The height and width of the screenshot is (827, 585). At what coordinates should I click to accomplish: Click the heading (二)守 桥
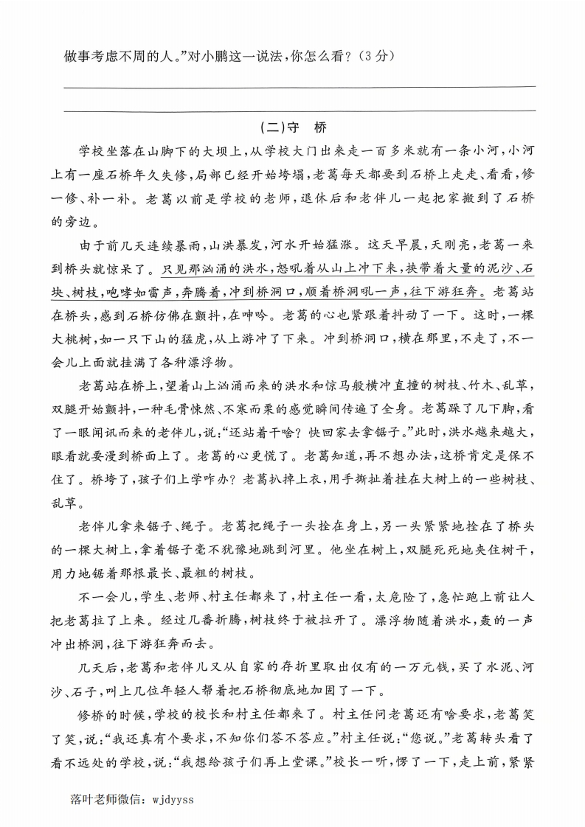coord(294,127)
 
